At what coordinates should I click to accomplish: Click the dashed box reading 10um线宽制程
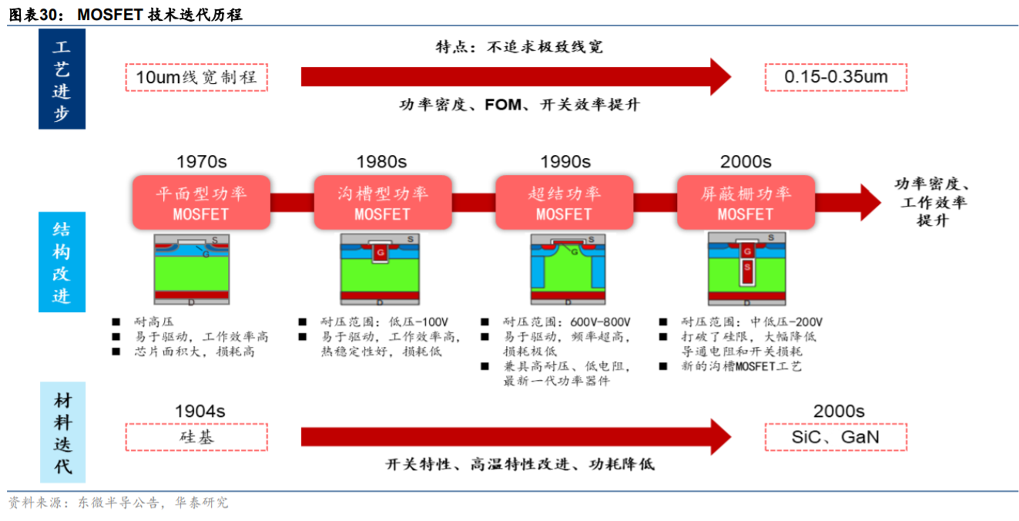196,77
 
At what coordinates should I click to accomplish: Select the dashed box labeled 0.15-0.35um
836,77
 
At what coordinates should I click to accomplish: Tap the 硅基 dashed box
196,437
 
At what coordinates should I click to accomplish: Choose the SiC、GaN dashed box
836,437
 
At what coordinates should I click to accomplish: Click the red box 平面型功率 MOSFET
201,202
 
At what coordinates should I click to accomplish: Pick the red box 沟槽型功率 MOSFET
383,202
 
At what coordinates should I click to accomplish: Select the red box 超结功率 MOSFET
564,202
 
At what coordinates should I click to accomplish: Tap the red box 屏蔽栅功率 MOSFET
745,202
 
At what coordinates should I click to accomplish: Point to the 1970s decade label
201,162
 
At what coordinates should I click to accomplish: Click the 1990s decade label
565,162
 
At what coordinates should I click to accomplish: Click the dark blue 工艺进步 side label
62,80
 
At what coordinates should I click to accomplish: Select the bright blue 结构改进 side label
62,262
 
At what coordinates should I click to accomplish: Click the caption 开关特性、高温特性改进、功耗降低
520,465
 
